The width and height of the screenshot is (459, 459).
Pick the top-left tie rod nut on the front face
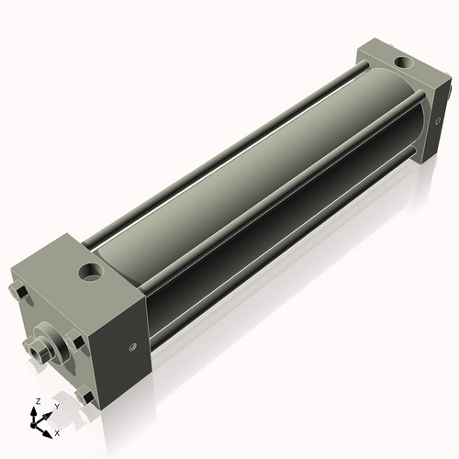[x=20, y=293]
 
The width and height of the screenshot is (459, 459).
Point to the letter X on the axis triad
[x=57, y=431]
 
